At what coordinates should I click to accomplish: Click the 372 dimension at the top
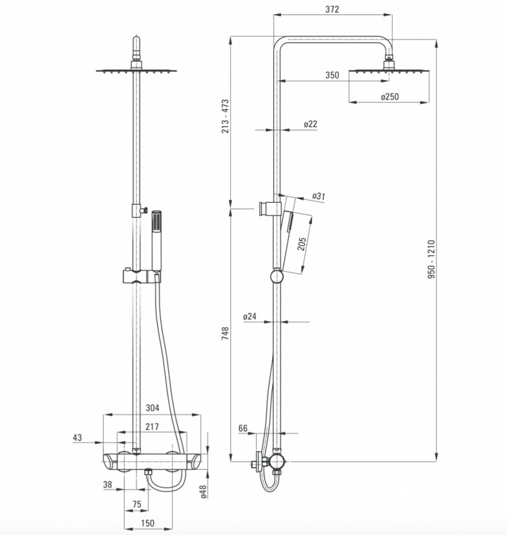(332, 9)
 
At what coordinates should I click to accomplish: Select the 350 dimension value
(332, 75)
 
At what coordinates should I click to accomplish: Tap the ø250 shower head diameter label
(390, 97)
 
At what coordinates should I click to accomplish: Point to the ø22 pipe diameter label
(310, 124)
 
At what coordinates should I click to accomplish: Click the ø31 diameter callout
(319, 196)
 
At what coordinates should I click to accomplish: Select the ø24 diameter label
(250, 316)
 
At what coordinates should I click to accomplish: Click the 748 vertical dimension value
(225, 333)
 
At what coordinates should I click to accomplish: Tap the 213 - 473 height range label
(225, 116)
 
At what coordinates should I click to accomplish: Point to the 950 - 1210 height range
(431, 259)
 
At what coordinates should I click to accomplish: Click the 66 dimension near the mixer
(243, 428)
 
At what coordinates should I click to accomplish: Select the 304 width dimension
(152, 408)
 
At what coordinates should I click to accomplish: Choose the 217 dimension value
(152, 426)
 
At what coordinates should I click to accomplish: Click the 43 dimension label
(78, 438)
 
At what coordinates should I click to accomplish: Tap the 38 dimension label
(107, 484)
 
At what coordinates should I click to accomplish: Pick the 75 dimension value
(137, 504)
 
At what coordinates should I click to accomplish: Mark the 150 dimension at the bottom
(148, 523)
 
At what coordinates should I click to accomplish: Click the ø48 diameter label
(204, 492)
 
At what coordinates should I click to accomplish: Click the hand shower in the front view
(157, 240)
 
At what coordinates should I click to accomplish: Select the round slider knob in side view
(276, 276)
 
